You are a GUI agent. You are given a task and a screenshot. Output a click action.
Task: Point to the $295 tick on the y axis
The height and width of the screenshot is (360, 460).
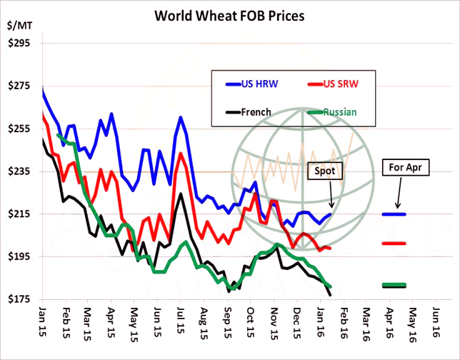click(19, 44)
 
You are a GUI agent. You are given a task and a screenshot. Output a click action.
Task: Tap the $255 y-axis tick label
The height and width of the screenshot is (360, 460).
click(19, 129)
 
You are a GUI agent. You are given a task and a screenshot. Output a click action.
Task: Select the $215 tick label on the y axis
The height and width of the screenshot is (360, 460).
click(19, 214)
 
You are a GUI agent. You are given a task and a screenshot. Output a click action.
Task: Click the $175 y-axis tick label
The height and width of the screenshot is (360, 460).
click(19, 299)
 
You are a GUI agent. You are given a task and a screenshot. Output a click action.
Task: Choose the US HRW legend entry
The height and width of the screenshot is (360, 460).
click(250, 84)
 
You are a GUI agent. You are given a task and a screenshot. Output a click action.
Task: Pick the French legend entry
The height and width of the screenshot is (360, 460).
click(249, 112)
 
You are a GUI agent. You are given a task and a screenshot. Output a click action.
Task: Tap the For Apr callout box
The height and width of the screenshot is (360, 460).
click(404, 168)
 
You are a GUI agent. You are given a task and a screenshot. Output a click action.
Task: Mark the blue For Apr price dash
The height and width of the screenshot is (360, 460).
click(394, 214)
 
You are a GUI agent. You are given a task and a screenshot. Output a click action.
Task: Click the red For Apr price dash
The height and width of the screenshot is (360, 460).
click(394, 244)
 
